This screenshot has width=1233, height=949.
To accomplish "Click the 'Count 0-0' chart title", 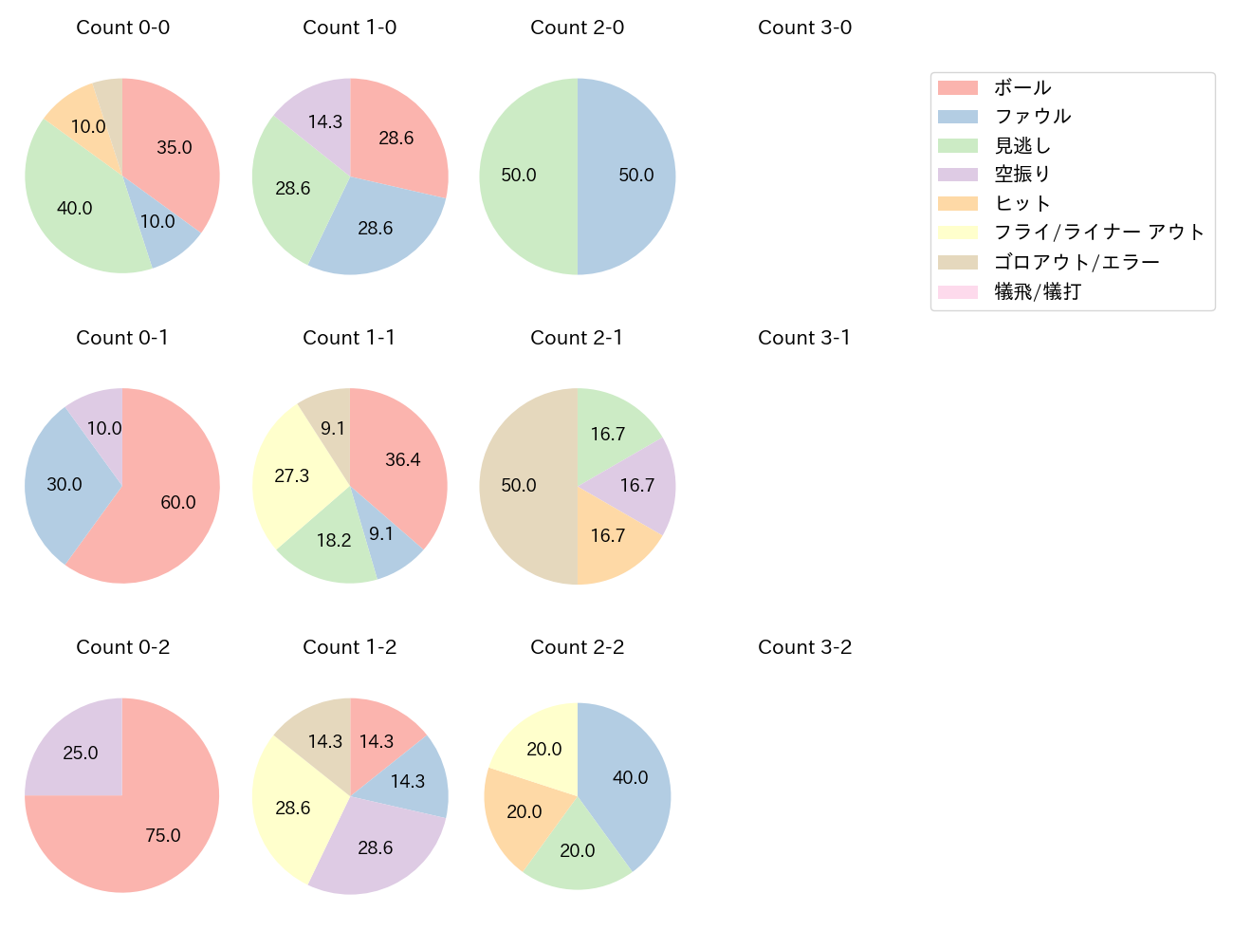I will (x=122, y=28).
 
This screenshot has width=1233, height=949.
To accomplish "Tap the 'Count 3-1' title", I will (x=804, y=338).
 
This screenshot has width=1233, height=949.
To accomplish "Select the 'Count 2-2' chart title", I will (x=577, y=647).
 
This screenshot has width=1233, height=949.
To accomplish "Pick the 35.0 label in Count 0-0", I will (x=175, y=147).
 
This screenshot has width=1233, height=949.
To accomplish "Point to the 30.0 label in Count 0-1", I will (x=64, y=484).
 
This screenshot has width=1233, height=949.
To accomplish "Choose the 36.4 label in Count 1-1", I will (x=403, y=459).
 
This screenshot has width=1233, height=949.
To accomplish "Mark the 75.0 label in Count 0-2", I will (x=163, y=835).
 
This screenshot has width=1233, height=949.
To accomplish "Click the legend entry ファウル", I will (x=1032, y=117).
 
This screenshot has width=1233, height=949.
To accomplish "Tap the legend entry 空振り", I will (x=1021, y=175).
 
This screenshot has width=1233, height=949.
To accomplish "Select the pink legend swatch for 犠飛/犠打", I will (x=957, y=291).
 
